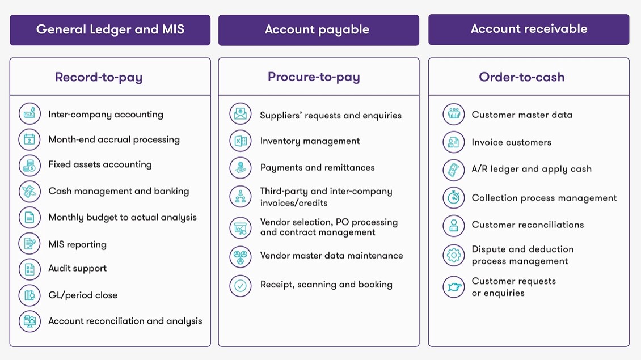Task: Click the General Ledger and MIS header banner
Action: pyautogui.click(x=110, y=29)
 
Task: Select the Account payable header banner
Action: pyautogui.click(x=318, y=29)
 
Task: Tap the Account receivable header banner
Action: pyautogui.click(x=529, y=29)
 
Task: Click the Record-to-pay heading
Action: pyautogui.click(x=99, y=77)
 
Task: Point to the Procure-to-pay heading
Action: pyautogui.click(x=314, y=77)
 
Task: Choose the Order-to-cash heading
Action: pyautogui.click(x=522, y=77)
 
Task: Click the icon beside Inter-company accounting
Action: pyautogui.click(x=29, y=114)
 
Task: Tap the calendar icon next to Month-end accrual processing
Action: pyautogui.click(x=29, y=139)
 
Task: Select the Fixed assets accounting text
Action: pyautogui.click(x=100, y=164)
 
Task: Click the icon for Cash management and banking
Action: pyautogui.click(x=29, y=192)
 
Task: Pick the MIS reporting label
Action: pyautogui.click(x=77, y=244)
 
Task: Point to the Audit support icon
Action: pyautogui.click(x=29, y=269)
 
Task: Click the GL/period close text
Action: pyautogui.click(x=83, y=295)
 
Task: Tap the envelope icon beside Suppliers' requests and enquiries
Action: pyautogui.click(x=241, y=115)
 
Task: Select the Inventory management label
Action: pyautogui.click(x=310, y=141)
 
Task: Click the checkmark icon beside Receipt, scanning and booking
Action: pyautogui.click(x=241, y=286)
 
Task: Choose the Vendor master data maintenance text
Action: pyautogui.click(x=331, y=256)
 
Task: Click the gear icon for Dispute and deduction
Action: pyautogui.click(x=454, y=255)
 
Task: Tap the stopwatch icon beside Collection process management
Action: pyautogui.click(x=454, y=198)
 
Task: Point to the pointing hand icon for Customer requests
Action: pyautogui.click(x=454, y=287)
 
